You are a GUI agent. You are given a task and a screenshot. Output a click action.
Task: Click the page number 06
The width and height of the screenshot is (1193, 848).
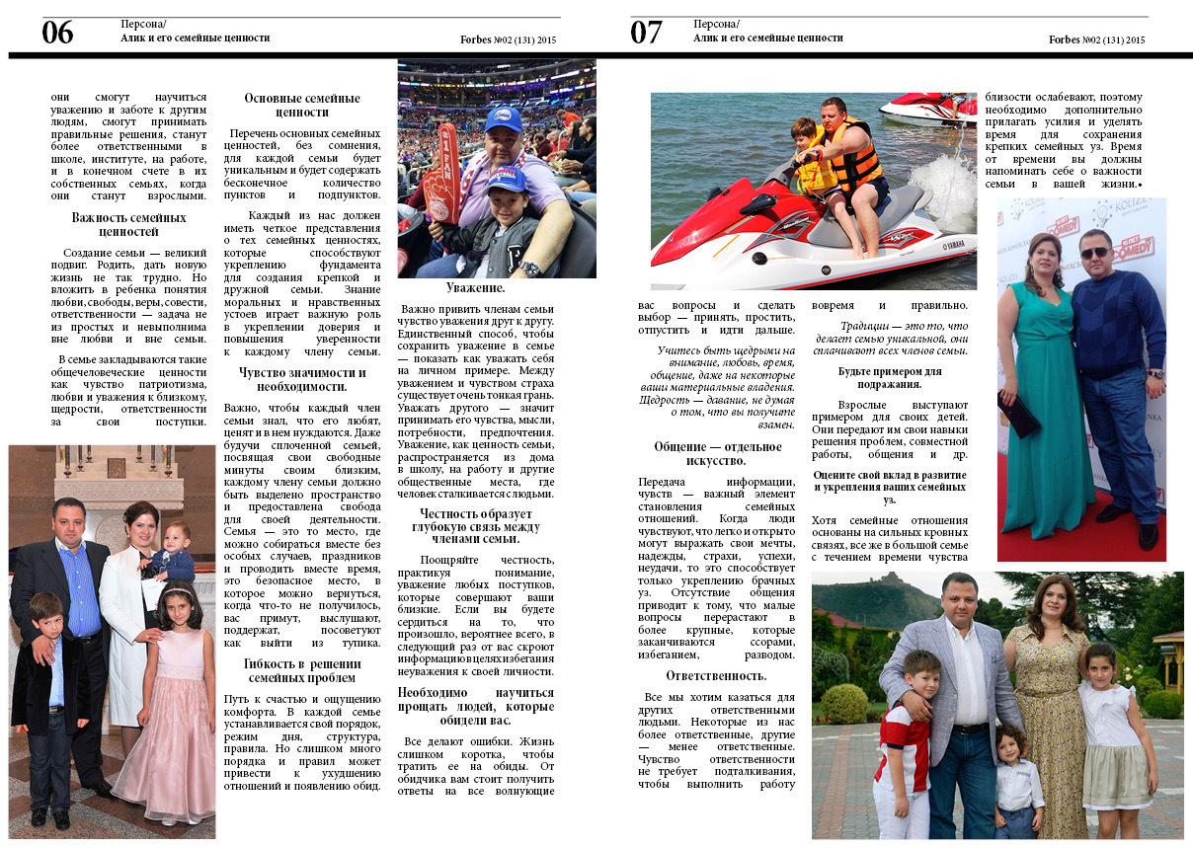click(57, 34)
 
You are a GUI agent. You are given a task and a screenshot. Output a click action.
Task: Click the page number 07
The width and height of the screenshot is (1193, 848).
click(646, 34)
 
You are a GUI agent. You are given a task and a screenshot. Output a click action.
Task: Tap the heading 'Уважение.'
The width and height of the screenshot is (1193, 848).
click(475, 288)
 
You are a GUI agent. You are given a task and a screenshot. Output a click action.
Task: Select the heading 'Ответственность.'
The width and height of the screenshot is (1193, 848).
click(716, 675)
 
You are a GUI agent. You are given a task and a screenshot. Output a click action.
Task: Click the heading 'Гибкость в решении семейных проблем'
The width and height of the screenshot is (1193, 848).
click(302, 671)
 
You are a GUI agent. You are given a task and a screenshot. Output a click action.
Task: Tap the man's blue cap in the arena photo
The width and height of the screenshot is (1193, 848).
click(503, 118)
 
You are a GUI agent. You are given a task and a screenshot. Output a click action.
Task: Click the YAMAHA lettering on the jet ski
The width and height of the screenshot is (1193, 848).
click(951, 245)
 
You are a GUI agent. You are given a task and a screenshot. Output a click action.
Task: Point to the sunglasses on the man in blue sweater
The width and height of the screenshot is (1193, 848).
click(1093, 253)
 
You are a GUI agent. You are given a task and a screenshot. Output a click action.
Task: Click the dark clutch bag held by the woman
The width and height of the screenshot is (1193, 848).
click(1017, 415)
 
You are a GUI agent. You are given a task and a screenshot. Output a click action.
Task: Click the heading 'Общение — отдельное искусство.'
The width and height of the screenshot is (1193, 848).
click(717, 454)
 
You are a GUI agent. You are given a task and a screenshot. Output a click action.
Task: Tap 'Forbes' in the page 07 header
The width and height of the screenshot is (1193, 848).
click(1065, 40)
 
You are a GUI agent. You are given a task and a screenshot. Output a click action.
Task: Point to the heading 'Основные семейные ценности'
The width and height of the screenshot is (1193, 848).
click(302, 106)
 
